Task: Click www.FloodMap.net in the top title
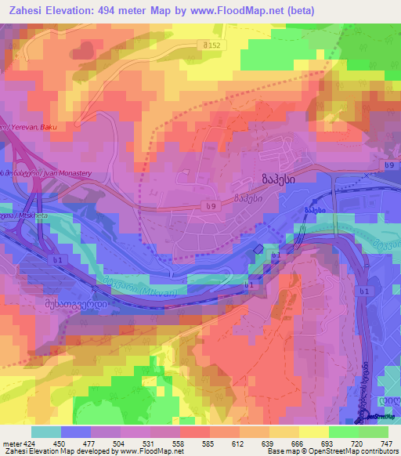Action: pos(272,10)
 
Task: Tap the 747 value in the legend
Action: pos(386,443)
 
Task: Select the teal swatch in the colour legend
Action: pos(46,432)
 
